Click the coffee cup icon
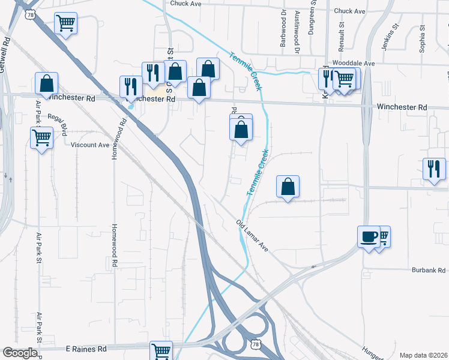pos(368,236)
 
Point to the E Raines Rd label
pos(86,349)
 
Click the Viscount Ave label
pos(90,145)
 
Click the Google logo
pos(20,353)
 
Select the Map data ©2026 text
pos(423,355)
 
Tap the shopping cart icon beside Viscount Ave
pos(41,137)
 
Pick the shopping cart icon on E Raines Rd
pos(161,350)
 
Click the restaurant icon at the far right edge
pos(433,168)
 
